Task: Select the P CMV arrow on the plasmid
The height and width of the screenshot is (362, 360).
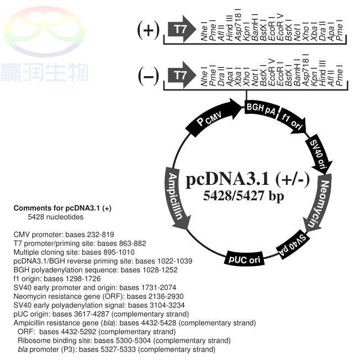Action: click(213, 118)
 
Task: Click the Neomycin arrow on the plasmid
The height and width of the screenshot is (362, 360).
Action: click(320, 203)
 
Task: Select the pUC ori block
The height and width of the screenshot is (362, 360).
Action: click(244, 259)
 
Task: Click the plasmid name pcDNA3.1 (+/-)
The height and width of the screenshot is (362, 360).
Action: click(248, 179)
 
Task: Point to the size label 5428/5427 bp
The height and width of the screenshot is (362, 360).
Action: click(243, 196)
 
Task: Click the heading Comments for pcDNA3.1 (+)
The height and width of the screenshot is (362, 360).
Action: click(62, 208)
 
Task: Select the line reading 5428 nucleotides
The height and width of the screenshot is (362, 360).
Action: click(55, 217)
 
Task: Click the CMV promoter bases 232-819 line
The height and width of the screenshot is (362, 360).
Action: click(64, 235)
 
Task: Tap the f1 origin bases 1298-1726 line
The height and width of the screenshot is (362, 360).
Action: click(57, 279)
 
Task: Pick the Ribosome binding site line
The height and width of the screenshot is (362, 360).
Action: click(124, 340)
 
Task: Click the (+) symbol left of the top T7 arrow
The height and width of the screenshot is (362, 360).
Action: click(149, 30)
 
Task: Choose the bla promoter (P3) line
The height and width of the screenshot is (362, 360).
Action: click(117, 349)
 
